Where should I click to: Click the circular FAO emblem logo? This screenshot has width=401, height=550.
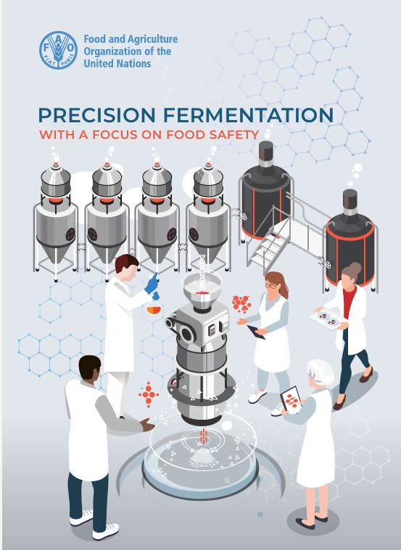pos(58,50)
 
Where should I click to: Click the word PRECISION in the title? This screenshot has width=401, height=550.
pos(96,115)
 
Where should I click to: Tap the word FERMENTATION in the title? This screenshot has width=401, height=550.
pos(249,115)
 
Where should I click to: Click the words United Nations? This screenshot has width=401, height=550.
pos(117,64)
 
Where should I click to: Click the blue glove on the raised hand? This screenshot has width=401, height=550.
pos(152,284)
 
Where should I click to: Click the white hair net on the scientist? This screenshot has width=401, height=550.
pos(321,373)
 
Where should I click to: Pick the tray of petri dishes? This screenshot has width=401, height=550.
pos(328,318)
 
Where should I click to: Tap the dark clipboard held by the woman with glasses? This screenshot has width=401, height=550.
pos(256,332)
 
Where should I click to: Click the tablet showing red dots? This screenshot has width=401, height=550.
pos(291,400)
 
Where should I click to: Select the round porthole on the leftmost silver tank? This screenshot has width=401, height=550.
pos(70,234)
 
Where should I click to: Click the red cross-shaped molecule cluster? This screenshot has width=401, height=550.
pos(149,394)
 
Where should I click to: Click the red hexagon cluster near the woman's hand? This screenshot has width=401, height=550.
pos(241,303)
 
